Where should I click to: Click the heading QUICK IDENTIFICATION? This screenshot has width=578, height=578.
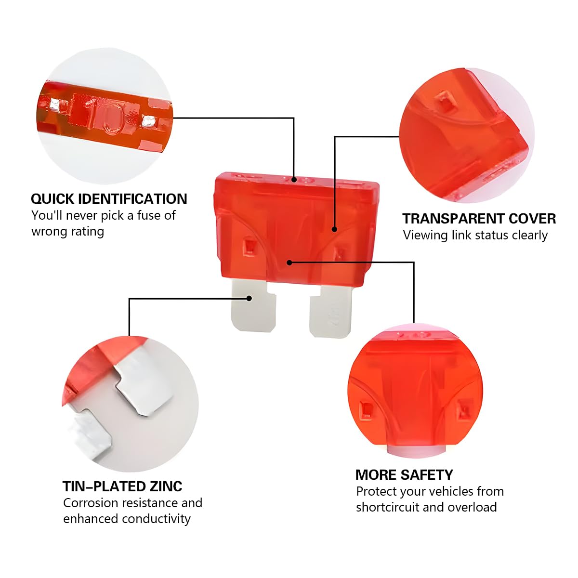(x=109, y=199)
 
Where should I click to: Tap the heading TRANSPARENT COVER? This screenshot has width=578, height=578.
(x=479, y=219)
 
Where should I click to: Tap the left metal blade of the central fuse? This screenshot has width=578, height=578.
(x=253, y=306)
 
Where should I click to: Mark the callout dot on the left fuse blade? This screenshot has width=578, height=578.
(x=249, y=299)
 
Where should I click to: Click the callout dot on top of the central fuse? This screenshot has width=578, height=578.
(x=294, y=180)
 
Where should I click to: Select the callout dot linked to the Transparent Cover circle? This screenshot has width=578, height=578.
(x=334, y=229)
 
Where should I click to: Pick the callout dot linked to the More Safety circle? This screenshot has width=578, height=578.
(x=289, y=263)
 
